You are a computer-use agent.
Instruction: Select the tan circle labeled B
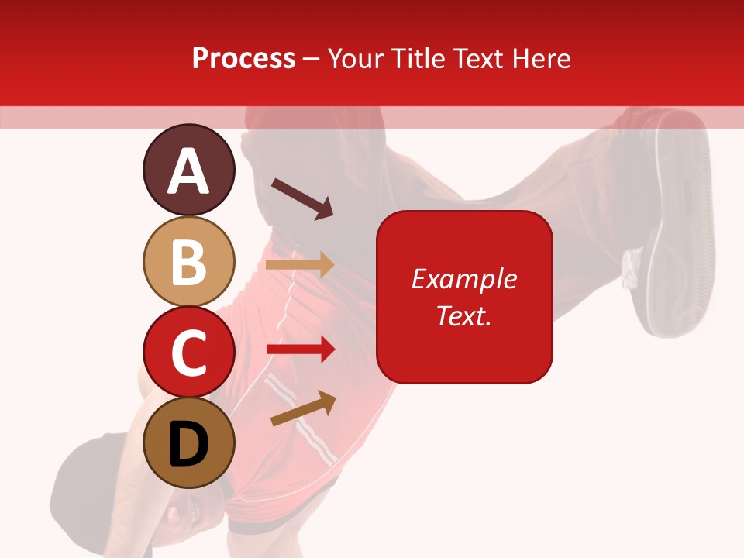point(188,261)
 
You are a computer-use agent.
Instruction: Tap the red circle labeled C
point(188,352)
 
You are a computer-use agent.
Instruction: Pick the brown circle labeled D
point(188,443)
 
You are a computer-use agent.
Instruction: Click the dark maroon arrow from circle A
point(302,198)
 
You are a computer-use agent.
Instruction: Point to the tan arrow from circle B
point(300,265)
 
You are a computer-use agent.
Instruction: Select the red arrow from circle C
point(301,350)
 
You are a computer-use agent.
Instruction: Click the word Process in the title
point(243,58)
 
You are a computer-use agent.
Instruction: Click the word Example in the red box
point(463,279)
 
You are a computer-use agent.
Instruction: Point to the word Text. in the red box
point(463,315)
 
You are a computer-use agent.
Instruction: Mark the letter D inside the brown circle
point(188,445)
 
